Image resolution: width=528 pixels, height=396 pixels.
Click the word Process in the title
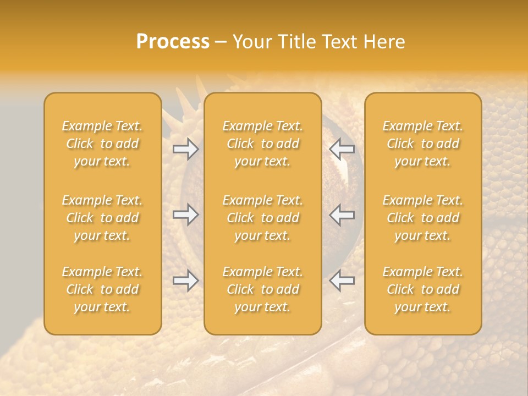click(x=173, y=42)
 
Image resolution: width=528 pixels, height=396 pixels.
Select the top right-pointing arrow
click(x=186, y=149)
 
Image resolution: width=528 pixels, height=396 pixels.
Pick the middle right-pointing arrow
click(x=186, y=215)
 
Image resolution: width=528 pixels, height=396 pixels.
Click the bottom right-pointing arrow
click(x=186, y=281)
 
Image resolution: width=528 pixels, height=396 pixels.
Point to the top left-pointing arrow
click(x=342, y=149)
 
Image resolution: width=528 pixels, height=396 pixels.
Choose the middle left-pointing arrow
click(x=342, y=215)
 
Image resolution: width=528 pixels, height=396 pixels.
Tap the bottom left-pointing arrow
click(x=342, y=281)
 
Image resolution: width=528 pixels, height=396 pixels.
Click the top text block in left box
click(x=102, y=144)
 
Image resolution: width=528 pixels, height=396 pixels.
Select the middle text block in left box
click(x=102, y=218)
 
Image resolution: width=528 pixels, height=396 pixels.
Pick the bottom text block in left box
click(x=102, y=289)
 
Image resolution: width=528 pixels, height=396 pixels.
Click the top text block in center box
click(x=263, y=144)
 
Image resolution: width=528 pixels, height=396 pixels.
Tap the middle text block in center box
click(x=263, y=218)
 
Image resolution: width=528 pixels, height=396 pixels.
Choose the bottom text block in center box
click(x=263, y=289)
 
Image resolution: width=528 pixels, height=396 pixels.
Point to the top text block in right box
click(x=423, y=144)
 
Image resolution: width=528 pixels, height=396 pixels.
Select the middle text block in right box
click(x=423, y=218)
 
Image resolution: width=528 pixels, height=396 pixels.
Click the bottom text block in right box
click(x=423, y=289)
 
